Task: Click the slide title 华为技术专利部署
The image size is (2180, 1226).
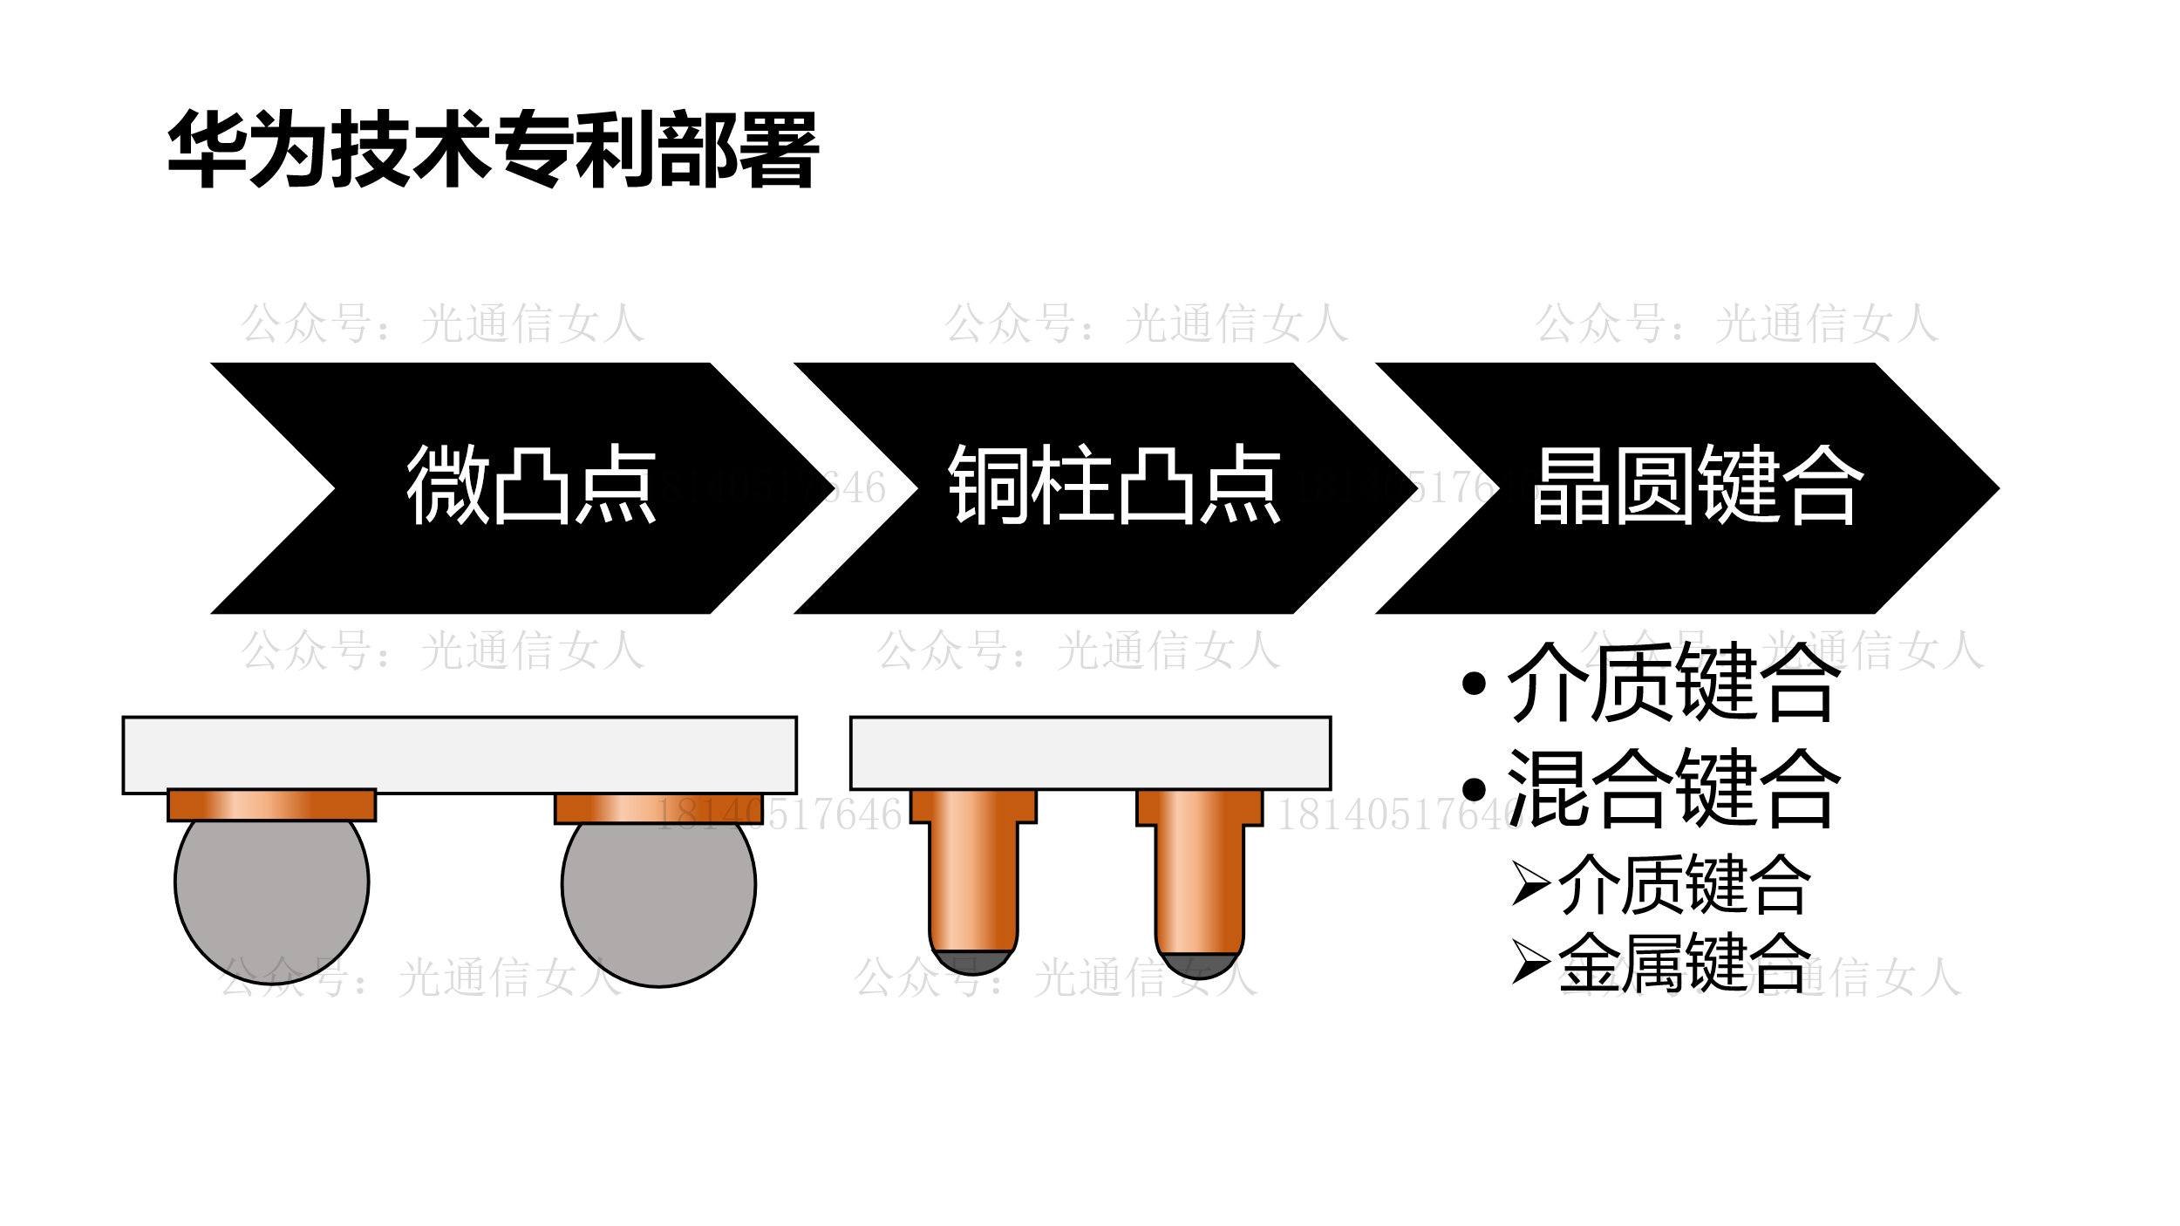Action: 493,148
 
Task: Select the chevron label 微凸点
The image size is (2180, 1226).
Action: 530,485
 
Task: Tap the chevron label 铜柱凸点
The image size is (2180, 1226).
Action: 1114,485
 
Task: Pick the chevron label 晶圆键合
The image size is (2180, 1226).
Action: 1697,485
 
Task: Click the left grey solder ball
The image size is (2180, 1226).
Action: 271,898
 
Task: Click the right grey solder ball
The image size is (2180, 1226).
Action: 658,902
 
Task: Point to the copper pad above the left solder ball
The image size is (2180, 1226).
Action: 271,805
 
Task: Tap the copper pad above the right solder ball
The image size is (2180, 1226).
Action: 658,808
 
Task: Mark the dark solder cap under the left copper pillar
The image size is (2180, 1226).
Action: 972,962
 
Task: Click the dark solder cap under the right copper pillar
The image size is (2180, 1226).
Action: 1199,965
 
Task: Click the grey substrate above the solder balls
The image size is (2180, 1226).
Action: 460,755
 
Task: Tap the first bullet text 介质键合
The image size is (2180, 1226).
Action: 1673,683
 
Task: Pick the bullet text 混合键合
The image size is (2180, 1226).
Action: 1673,788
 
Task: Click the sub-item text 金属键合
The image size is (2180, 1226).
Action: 1685,963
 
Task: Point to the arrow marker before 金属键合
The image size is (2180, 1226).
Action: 1529,962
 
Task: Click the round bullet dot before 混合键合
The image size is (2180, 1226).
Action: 1474,789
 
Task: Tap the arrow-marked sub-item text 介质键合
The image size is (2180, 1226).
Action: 1685,884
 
